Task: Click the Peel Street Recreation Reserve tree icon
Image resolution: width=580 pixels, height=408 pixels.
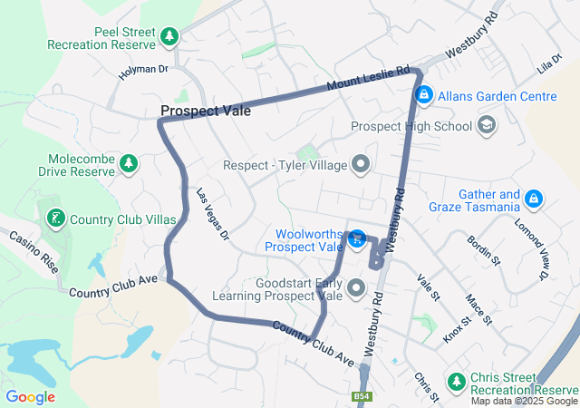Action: pyautogui.click(x=169, y=36)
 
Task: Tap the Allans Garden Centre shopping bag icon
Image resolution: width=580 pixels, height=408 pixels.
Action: pyautogui.click(x=423, y=94)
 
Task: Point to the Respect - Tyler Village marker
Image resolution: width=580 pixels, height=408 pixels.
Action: pyautogui.click(x=362, y=165)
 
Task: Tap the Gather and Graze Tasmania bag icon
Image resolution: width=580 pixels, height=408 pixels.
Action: pyautogui.click(x=534, y=198)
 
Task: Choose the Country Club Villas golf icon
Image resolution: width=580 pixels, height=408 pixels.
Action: pyautogui.click(x=56, y=218)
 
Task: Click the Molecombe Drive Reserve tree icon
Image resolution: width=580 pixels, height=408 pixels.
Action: pyautogui.click(x=129, y=163)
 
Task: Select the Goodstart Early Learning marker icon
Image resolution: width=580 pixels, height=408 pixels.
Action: pyautogui.click(x=355, y=289)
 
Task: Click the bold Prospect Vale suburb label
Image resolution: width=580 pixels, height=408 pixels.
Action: pyautogui.click(x=206, y=111)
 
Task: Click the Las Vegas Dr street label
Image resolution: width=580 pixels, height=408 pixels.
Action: pyautogui.click(x=213, y=215)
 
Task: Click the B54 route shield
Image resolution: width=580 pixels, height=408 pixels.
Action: pyautogui.click(x=362, y=396)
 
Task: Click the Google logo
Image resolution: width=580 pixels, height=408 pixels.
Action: pyautogui.click(x=30, y=396)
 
